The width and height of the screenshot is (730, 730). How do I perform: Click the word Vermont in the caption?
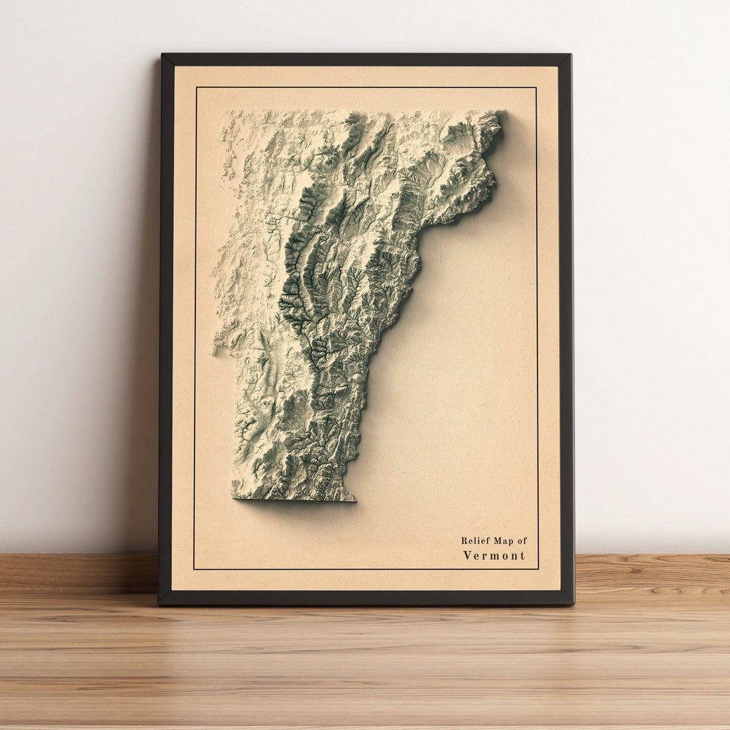tap(493, 556)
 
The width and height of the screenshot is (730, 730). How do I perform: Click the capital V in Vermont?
tap(467, 556)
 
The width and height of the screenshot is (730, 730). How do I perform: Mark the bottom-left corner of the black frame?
tap(160, 603)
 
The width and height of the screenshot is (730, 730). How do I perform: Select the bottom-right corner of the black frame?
tap(573, 603)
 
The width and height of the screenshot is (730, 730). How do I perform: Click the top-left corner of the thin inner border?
tap(195, 87)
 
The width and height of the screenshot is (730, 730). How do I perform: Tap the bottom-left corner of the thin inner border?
tap(194, 569)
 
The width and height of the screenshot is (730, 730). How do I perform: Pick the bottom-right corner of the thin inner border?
tap(538, 569)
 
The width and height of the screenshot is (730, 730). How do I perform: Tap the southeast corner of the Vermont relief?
tap(354, 500)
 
